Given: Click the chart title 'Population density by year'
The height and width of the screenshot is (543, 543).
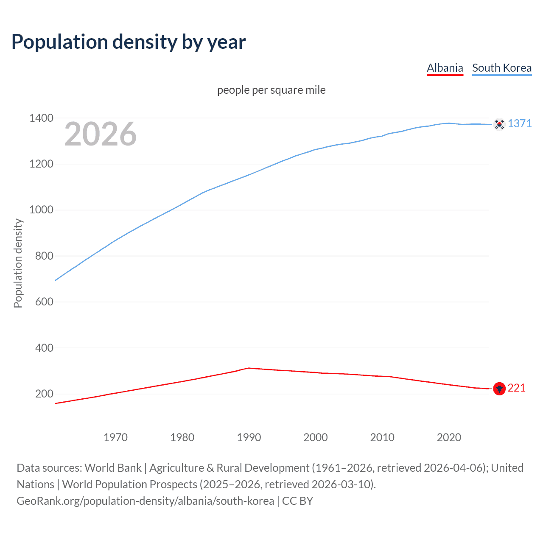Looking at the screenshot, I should pos(129,42).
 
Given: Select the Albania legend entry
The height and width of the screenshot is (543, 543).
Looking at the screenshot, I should pos(445,68).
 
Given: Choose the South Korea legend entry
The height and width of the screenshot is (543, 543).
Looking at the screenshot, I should pos(502,68).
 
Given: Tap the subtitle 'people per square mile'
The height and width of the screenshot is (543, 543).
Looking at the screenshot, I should pos(271,90).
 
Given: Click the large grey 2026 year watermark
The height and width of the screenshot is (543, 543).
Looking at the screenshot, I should pos(101,134).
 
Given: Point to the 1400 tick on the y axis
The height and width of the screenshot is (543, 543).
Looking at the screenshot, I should pos(41,118).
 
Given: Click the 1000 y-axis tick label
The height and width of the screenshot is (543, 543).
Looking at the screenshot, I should pos(41,210).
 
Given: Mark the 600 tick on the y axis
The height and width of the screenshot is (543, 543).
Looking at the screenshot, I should pos(44,302).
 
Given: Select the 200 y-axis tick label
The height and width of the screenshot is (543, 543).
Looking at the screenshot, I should pos(44,394).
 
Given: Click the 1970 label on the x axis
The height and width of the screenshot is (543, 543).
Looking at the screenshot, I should pos(115,437).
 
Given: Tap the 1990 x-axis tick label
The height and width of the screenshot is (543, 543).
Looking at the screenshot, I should pos(249,437).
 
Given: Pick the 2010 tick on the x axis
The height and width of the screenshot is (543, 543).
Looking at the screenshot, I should pos(382,437).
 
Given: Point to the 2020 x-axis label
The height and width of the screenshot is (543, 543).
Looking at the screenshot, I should pos(449,437).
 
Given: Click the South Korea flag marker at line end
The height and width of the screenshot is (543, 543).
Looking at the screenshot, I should pos(499,124).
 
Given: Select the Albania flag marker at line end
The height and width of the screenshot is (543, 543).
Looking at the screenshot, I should pos(499,389).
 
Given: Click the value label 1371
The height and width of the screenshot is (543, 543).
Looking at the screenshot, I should pos(520,123).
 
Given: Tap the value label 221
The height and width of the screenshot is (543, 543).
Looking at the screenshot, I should pos(516,388).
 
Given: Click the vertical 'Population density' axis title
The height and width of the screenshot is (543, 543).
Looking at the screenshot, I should pos(18,263).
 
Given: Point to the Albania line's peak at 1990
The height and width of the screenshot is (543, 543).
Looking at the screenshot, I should pos(249,368).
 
